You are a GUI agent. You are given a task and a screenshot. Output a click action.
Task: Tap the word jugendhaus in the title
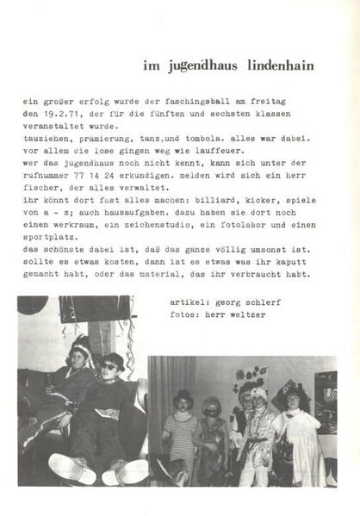point(204,65)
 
